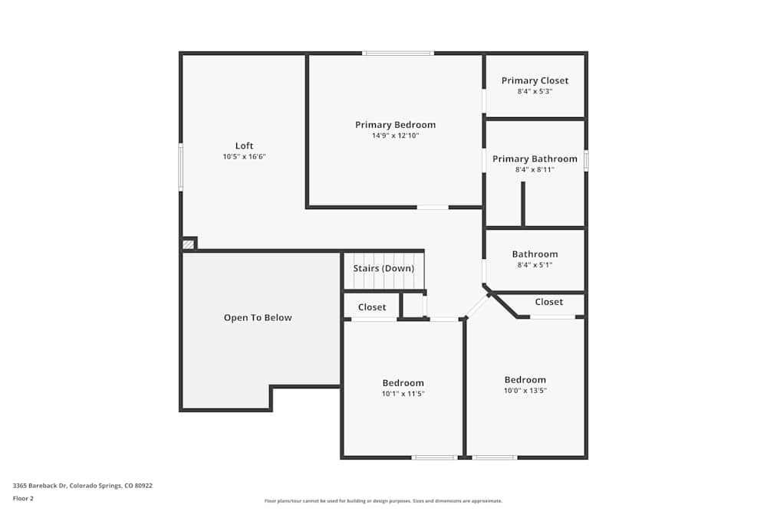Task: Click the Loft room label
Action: coord(244,146)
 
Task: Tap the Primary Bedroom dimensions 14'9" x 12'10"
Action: coord(395,136)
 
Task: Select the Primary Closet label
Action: coord(535,80)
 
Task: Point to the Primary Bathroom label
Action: coord(535,159)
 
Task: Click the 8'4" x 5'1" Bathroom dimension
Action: coord(535,265)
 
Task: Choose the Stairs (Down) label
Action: coord(383,268)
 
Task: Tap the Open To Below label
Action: coord(258,317)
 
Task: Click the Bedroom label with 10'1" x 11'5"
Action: coord(403,383)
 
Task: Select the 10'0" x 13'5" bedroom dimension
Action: coord(525,390)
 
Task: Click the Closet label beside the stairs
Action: coord(372,307)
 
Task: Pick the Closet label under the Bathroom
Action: coord(548,302)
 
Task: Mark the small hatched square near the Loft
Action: coord(188,244)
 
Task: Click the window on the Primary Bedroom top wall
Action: coord(398,53)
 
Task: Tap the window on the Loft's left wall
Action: coord(181,167)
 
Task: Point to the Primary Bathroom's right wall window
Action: coord(586,160)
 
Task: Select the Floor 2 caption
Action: coord(23,498)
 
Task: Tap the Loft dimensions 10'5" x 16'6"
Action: coord(244,156)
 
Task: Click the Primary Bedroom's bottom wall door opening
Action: coord(433,207)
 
